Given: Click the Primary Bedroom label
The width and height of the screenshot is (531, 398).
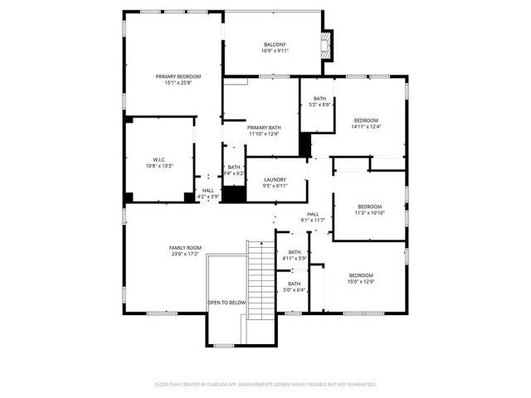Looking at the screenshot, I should click(x=178, y=76).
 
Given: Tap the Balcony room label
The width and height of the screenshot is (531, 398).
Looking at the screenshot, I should click(x=275, y=44).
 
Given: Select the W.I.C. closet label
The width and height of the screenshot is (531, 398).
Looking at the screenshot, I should click(x=160, y=159).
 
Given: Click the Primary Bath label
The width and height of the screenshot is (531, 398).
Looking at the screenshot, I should click(x=264, y=128).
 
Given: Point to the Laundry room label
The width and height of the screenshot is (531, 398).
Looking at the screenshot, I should click(x=275, y=179).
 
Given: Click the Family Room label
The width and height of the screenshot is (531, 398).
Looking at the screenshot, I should click(x=185, y=248).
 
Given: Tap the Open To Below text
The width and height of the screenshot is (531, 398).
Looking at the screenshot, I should click(x=227, y=303).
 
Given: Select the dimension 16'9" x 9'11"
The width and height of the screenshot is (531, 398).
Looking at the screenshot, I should click(x=275, y=51).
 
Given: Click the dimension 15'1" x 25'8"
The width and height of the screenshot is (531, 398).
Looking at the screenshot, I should click(x=178, y=83).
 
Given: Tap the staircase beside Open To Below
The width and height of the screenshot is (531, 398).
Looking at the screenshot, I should click(x=261, y=278).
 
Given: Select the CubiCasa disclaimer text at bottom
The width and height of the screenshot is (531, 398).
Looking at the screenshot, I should click(x=265, y=385).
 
